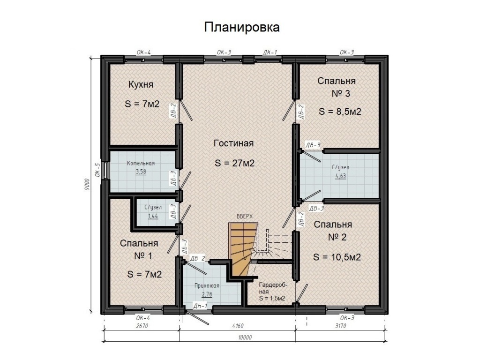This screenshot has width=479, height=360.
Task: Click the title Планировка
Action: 242,27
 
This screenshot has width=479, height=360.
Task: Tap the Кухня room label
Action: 141,84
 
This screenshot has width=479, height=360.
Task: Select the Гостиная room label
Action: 234,143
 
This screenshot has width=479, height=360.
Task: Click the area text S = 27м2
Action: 235,163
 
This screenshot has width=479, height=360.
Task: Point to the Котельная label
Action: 141,163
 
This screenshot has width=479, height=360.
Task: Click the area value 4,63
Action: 341,176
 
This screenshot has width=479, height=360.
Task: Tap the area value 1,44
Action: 153,217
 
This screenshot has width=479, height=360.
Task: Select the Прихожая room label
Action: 207,286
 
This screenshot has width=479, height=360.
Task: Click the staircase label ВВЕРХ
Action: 245,216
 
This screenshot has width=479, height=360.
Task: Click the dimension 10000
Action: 245,337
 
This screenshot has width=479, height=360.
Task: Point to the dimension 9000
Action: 87,184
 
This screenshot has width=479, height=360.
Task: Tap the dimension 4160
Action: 237,326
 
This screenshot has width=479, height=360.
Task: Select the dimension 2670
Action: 142,326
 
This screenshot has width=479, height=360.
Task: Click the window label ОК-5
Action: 97,170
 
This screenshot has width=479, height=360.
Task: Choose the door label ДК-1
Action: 270,52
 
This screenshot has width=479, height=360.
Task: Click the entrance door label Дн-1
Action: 200,306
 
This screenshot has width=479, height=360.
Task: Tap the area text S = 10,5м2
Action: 337,257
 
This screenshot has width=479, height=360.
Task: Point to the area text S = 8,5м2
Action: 340,112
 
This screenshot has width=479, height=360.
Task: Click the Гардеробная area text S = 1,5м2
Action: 272,298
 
